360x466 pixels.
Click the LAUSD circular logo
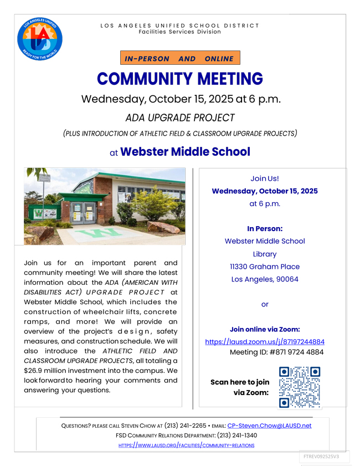point(40,39)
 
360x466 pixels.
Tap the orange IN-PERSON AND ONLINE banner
point(180,58)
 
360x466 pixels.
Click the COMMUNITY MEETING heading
point(180,79)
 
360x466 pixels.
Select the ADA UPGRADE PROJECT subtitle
point(180,117)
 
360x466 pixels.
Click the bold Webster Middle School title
point(185,151)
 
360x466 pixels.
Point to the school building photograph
point(105,206)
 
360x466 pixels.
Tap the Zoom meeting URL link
point(265,342)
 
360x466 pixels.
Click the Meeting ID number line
point(276,352)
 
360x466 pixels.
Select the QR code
point(300,387)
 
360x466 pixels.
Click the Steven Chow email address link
point(269,426)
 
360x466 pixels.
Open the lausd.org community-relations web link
point(187,445)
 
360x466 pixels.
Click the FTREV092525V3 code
point(321,457)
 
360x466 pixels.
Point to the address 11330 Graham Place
point(265,267)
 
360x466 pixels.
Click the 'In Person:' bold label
point(265,228)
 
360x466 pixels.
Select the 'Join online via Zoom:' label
point(265,329)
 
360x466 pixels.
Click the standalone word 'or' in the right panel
point(265,304)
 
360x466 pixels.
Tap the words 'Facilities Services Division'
point(179,32)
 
